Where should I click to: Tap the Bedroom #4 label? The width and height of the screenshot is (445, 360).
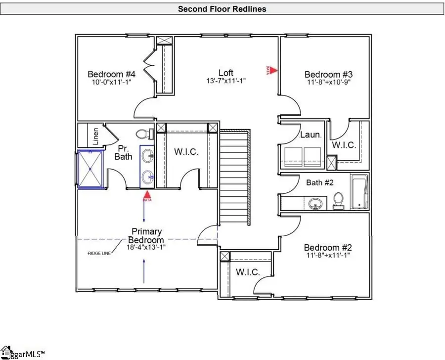pos(112,74)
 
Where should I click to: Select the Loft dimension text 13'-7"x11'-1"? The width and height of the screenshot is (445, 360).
pos(226,81)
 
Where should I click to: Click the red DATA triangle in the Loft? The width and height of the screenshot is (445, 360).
pos(273,70)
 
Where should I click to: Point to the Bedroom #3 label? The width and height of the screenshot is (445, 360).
pos(329,75)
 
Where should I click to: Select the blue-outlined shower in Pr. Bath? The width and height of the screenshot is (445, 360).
pos(90,169)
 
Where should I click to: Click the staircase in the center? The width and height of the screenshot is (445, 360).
pos(235,176)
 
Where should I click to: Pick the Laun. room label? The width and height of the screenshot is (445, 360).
pos(311,135)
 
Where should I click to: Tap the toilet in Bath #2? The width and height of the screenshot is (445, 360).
pos(339,199)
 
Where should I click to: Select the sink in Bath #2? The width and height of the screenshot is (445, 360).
pos(314,203)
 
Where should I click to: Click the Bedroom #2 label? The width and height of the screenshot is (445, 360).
pos(328,247)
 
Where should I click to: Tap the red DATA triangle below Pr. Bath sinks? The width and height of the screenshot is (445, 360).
pos(147,196)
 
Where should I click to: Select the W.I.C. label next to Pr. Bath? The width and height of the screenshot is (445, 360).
pos(186,152)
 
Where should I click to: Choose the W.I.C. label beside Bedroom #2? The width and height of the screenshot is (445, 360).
pos(248,272)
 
